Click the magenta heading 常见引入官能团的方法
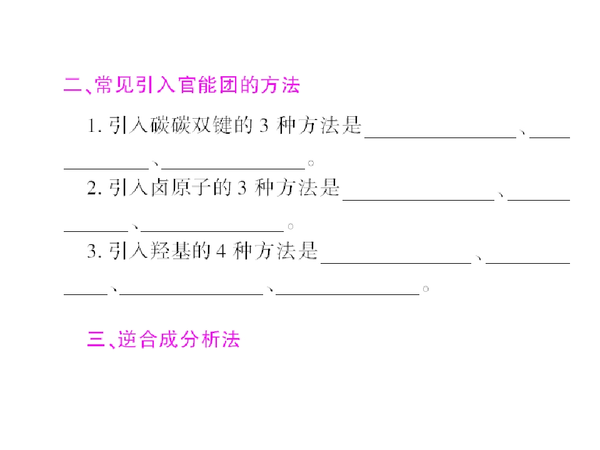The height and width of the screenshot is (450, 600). tap(197, 85)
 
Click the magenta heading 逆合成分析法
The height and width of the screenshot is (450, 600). tap(179, 339)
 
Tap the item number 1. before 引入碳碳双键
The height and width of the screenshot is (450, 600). tap(94, 126)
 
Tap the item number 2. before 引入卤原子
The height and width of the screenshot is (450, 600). tap(94, 188)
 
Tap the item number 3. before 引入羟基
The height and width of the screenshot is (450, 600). tap(94, 251)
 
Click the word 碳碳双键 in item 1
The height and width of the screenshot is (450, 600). tap(191, 125)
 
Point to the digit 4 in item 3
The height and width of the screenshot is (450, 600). tap(221, 251)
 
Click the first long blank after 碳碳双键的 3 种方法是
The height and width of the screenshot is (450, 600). tap(441, 137)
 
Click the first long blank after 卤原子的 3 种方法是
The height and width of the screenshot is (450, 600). tap(419, 200)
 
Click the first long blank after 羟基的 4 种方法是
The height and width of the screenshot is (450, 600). tap(396, 263)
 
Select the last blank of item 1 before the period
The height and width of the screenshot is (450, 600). tap(233, 168)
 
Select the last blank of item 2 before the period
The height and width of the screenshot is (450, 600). tap(212, 231)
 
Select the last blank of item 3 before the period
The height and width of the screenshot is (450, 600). tap(347, 294)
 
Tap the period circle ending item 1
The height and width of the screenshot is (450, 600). tap(311, 163)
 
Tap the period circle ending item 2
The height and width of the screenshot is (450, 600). tap(291, 226)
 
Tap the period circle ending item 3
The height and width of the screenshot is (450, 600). tap(426, 289)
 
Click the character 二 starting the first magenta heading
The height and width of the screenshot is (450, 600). tap(72, 85)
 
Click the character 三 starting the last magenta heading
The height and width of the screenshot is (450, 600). tap(96, 339)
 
